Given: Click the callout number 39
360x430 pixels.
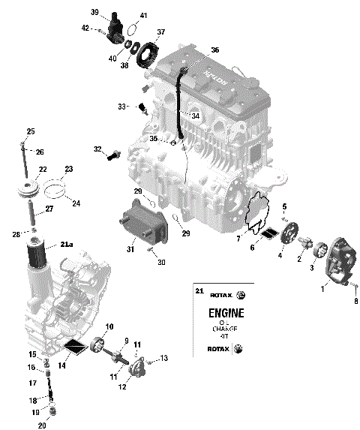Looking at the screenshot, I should (95, 12).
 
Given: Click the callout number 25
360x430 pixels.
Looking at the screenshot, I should (31, 131).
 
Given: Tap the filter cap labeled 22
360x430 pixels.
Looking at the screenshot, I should (31, 189).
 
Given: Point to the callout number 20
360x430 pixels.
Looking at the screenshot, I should (42, 425).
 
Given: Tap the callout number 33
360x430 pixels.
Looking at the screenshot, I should (122, 107).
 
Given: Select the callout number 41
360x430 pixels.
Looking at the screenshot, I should (143, 16).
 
